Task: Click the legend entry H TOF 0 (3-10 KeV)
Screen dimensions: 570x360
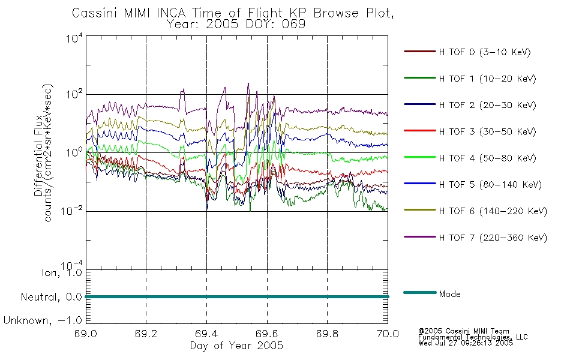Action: [485, 52]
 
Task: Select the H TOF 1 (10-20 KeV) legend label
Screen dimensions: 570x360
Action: [487, 79]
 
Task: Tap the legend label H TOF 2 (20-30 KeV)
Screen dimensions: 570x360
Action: [487, 105]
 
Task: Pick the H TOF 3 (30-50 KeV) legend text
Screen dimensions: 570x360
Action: [487, 131]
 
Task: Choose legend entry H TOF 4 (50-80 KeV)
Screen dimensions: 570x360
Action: [487, 158]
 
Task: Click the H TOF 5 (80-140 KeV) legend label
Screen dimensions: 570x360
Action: [490, 185]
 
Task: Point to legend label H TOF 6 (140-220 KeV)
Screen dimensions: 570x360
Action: [493, 211]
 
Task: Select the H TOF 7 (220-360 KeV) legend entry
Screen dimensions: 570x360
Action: [493, 238]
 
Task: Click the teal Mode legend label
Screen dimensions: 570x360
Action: [449, 294]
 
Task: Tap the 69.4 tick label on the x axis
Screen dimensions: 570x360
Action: [206, 334]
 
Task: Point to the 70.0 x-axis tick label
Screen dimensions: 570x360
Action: [388, 334]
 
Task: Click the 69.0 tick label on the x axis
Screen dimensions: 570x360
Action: [86, 334]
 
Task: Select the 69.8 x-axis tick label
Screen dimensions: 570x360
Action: [327, 334]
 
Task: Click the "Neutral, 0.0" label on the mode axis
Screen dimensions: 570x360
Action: [51, 297]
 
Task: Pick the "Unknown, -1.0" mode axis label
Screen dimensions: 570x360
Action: [43, 320]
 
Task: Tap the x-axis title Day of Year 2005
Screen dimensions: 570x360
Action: [236, 346]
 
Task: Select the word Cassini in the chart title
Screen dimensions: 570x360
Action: [95, 13]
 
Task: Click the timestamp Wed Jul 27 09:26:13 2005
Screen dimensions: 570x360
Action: [466, 343]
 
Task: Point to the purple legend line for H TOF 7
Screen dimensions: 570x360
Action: [420, 237]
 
